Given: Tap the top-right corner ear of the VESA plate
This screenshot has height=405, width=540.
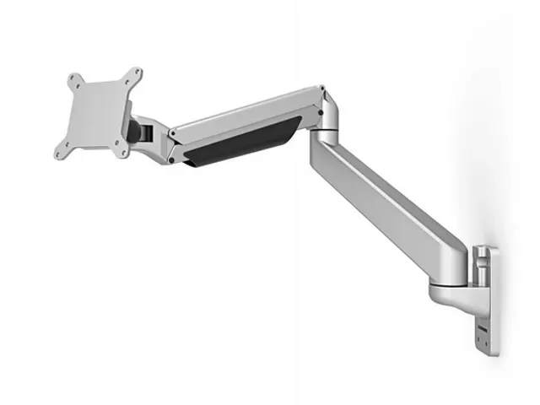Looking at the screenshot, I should [x=135, y=73].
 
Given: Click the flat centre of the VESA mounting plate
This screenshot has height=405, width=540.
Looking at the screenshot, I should [x=99, y=113].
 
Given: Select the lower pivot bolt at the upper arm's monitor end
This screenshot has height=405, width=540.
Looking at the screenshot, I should [x=172, y=158].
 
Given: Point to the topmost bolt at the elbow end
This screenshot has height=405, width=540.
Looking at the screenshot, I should [x=319, y=89].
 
